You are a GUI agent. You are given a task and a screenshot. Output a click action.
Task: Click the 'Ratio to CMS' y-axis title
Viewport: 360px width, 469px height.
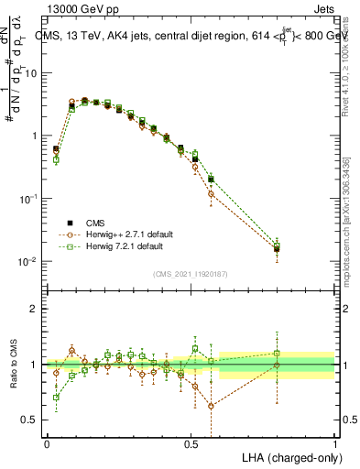pos(13,365)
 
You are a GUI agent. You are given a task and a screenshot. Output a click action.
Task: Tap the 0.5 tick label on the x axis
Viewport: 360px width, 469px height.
pos(191,442)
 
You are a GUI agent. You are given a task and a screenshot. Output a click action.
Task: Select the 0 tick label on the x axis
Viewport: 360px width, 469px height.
pos(47,442)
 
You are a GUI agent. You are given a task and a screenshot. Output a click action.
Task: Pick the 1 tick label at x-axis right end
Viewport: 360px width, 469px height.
pos(334,442)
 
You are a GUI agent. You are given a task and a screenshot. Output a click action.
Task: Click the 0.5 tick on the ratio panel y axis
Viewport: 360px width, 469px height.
pos(29,420)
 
